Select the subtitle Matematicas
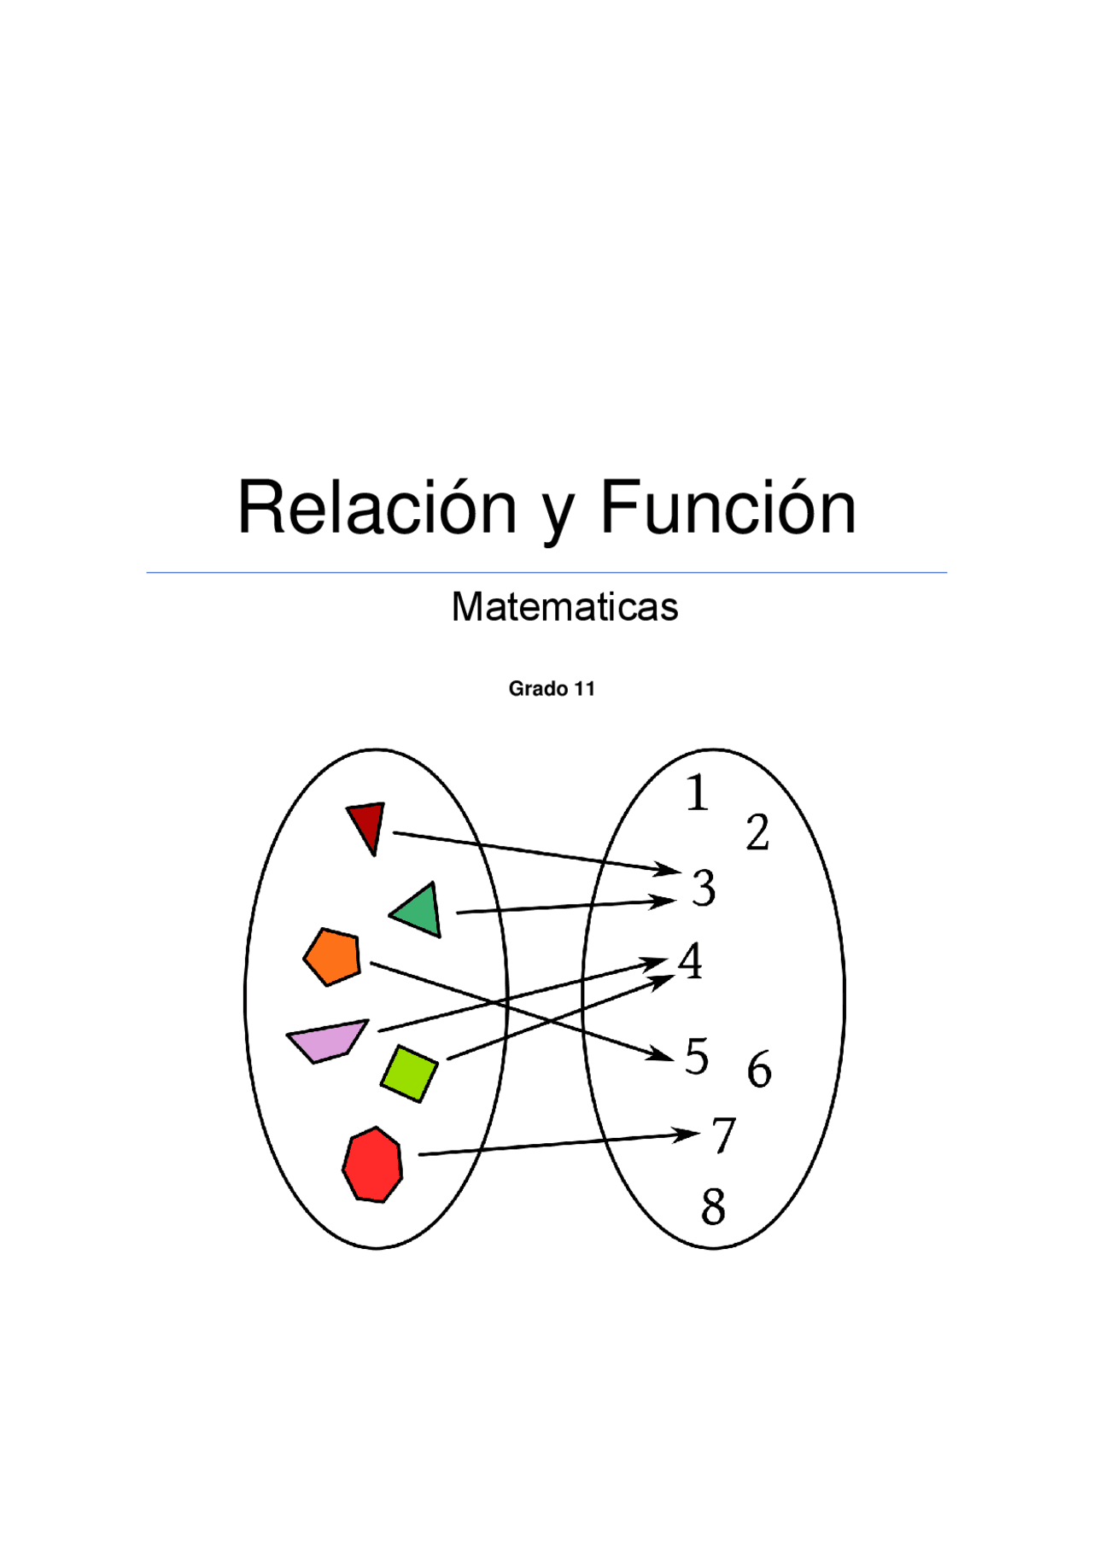(564, 607)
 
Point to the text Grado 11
(552, 689)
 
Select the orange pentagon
(333, 956)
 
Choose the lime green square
(409, 1073)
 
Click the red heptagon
(373, 1165)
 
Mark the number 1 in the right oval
(698, 792)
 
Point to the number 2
(757, 832)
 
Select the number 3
(704, 888)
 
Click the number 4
(690, 961)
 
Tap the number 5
(697, 1057)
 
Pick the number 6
(759, 1070)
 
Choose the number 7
(723, 1136)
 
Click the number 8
(713, 1207)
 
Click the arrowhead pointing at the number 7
(688, 1135)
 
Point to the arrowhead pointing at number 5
(663, 1055)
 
